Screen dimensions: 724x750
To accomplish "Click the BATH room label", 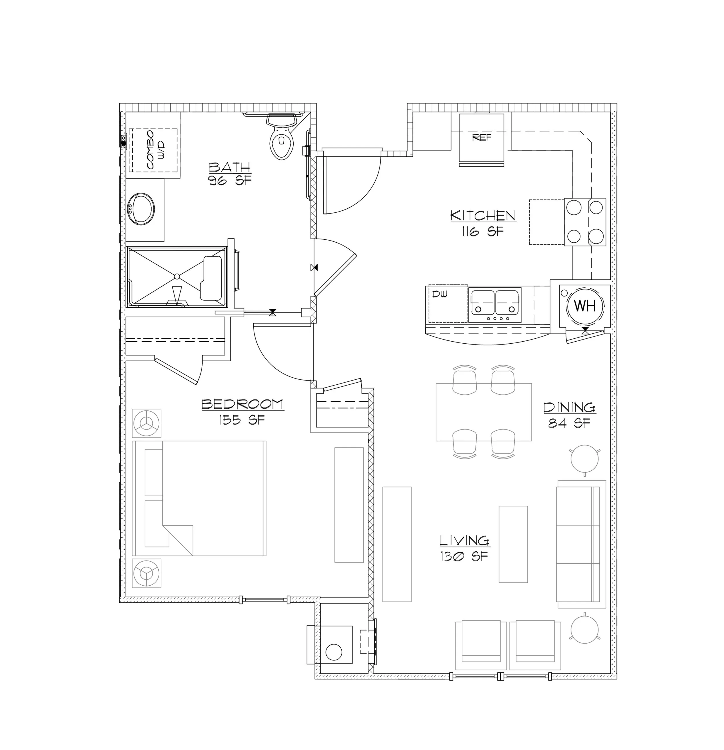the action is pyautogui.click(x=230, y=167).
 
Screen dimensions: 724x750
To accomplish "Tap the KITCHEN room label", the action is pyautogui.click(x=483, y=216).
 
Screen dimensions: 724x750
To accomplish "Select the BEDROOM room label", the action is pyautogui.click(x=242, y=404).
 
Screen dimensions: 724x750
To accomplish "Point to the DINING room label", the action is pyautogui.click(x=569, y=407).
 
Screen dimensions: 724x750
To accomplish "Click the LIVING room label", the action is pyautogui.click(x=465, y=541).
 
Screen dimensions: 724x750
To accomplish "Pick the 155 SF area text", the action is pyautogui.click(x=242, y=420).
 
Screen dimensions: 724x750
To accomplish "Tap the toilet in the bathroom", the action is pyautogui.click(x=282, y=136).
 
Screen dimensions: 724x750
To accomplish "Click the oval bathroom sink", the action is pyautogui.click(x=141, y=209).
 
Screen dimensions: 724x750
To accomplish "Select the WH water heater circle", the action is pyautogui.click(x=585, y=306).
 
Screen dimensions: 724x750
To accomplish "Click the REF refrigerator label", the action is pyautogui.click(x=482, y=137).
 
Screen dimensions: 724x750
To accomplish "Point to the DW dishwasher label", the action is pyautogui.click(x=439, y=294).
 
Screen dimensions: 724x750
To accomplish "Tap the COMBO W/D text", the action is pyautogui.click(x=155, y=150).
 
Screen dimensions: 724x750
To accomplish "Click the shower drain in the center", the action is pyautogui.click(x=177, y=276).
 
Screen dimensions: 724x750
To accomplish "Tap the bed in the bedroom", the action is pyautogui.click(x=199, y=498).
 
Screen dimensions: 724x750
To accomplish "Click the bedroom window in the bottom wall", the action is pyautogui.click(x=265, y=600).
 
